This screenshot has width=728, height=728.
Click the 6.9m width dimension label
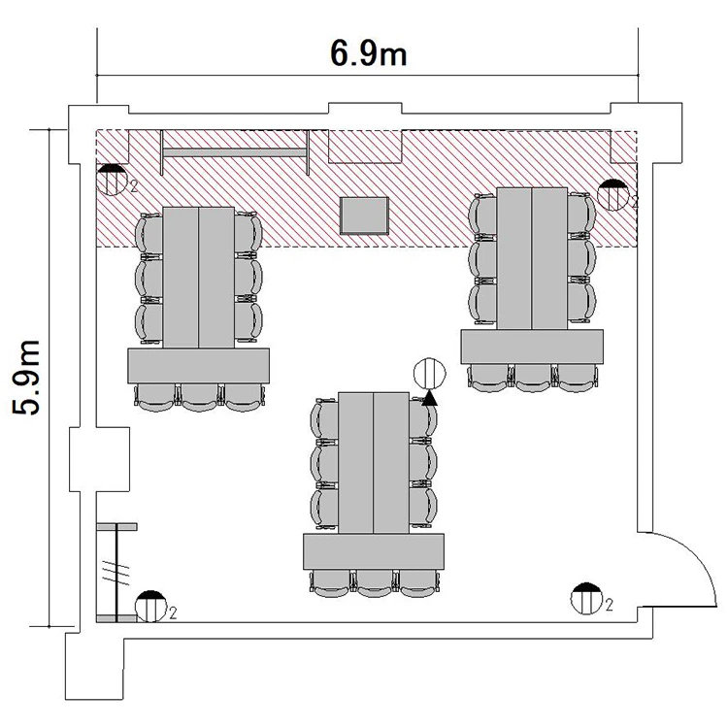point(368,52)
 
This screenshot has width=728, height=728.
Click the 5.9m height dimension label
point(26,378)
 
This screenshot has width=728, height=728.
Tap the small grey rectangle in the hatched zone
point(364,215)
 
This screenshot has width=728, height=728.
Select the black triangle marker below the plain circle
point(429,398)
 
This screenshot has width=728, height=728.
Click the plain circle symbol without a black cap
point(429,374)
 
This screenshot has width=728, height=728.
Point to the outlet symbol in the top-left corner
point(112,180)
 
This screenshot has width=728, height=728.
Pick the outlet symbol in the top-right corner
point(612,195)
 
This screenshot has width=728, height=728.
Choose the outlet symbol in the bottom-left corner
point(150,607)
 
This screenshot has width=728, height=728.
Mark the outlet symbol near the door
point(586,599)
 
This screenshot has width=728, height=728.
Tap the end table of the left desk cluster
point(198,366)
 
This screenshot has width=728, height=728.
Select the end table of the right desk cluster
point(532,347)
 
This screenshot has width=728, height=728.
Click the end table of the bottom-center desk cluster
point(374,551)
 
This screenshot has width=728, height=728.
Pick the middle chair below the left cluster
point(199,397)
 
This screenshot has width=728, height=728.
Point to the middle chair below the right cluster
point(533,378)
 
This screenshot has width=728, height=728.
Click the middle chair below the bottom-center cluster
point(375,583)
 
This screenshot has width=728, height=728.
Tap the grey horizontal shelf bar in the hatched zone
point(235,152)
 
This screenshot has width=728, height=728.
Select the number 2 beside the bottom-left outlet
point(173,612)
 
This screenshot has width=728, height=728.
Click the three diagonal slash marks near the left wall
point(116,573)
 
